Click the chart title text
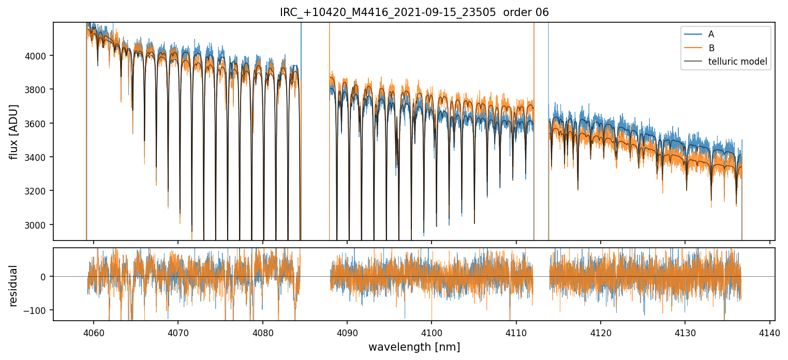coord(414,12)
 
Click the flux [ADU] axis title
coord(14,131)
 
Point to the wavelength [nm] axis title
coord(414,347)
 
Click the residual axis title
coord(14,286)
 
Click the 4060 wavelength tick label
coord(94,332)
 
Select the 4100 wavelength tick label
coord(432,332)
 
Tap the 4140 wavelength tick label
coord(769,332)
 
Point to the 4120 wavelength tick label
coord(601,332)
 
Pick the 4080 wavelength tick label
coord(262,332)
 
